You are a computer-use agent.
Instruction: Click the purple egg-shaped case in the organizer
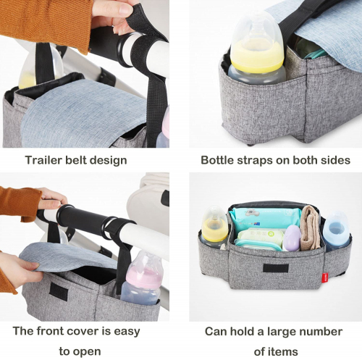point(292,238)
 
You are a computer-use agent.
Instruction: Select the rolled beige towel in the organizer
point(311,227)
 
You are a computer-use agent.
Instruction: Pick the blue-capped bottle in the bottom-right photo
point(336,230)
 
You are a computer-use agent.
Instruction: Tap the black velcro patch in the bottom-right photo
point(276,268)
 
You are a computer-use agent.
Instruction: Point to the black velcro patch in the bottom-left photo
point(59,292)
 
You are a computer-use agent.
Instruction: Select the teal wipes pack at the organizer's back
point(264,218)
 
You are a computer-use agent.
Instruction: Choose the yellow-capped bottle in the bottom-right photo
point(214,227)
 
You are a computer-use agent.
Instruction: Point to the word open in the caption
point(87,352)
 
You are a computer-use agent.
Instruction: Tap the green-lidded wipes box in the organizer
point(259,239)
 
